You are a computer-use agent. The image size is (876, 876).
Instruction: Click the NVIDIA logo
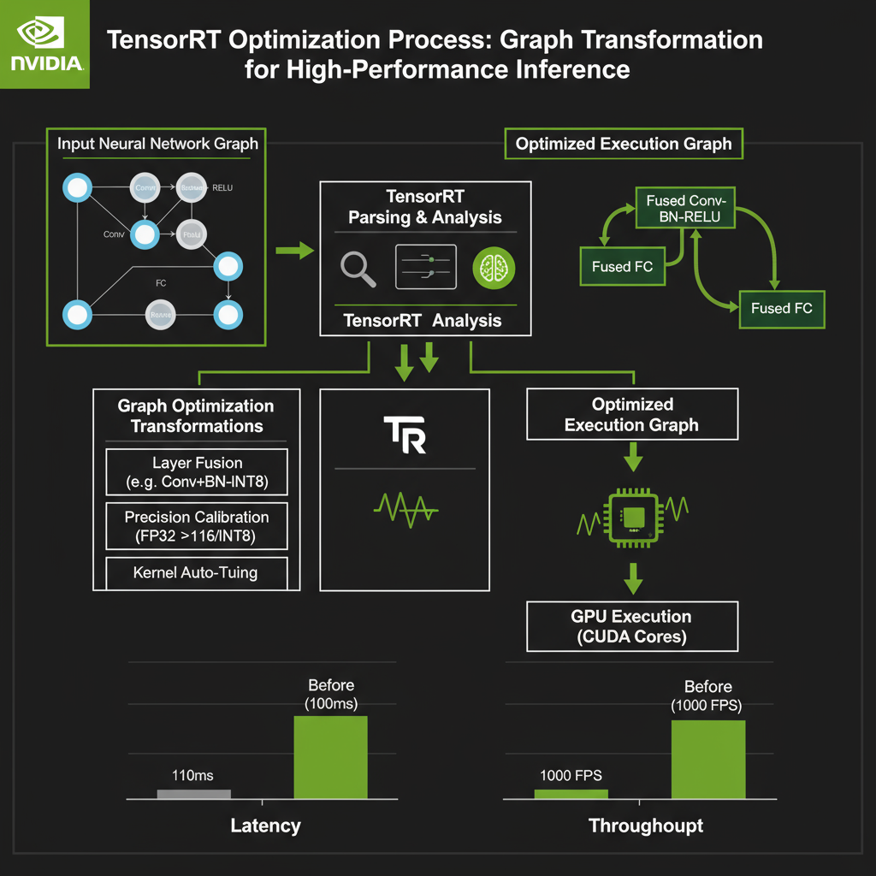click(x=44, y=43)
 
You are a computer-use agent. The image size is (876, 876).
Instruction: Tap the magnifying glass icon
click(x=358, y=268)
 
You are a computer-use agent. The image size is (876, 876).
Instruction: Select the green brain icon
click(x=494, y=267)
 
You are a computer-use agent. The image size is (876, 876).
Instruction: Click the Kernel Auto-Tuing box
click(x=197, y=571)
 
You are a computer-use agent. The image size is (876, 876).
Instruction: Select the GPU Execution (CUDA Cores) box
click(x=632, y=626)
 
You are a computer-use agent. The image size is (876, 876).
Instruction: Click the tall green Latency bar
click(x=330, y=757)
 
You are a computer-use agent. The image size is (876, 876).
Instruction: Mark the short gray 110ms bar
click(x=194, y=794)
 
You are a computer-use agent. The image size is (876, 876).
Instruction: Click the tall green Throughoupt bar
click(x=707, y=759)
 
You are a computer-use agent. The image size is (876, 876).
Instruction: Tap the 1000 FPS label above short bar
click(x=571, y=776)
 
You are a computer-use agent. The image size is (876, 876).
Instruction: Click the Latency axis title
click(x=265, y=826)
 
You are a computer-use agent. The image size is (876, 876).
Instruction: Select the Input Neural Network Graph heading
click(x=157, y=143)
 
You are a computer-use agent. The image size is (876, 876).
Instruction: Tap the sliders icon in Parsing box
click(x=425, y=267)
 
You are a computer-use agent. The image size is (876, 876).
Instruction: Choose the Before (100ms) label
click(x=330, y=695)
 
